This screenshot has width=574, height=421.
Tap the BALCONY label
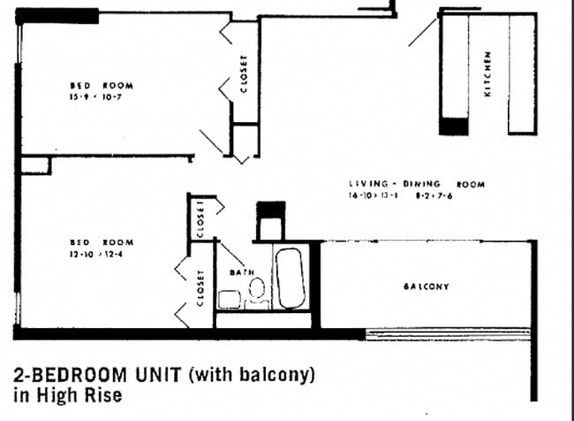(x=427, y=287)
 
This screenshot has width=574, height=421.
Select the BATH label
(x=242, y=272)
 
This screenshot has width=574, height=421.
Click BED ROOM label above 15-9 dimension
(x=101, y=86)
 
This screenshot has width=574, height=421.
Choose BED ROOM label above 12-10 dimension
(x=101, y=241)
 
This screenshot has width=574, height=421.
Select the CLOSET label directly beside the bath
(x=200, y=287)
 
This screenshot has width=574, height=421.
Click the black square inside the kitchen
(x=453, y=126)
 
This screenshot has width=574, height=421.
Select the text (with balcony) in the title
(x=252, y=374)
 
